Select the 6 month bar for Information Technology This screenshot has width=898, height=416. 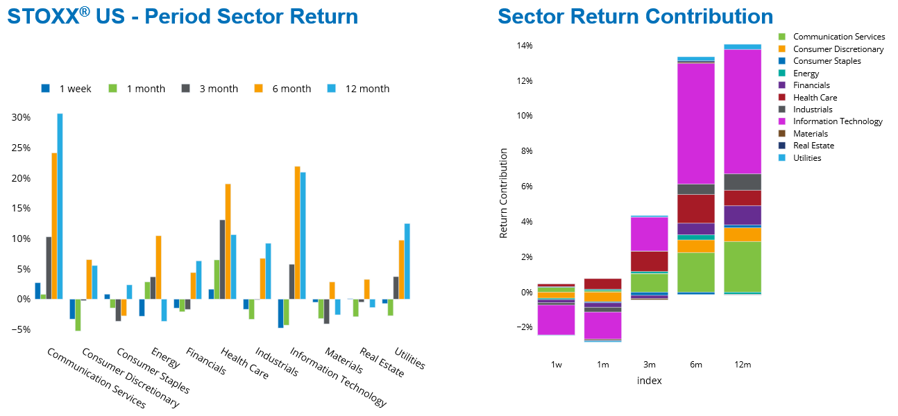coord(297,233)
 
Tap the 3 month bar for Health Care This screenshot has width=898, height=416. coord(222,259)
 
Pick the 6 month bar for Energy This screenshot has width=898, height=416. coord(158,268)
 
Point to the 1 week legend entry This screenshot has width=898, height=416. coord(65,89)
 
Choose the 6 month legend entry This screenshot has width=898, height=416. coord(285,89)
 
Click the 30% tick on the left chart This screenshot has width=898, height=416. coord(21,118)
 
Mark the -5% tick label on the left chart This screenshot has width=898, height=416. coord(21,329)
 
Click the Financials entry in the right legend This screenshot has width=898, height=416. coord(811,85)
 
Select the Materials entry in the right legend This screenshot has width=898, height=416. coord(810,134)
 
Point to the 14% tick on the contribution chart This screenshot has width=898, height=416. coord(523,46)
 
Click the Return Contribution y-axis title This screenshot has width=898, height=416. coord(504,193)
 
